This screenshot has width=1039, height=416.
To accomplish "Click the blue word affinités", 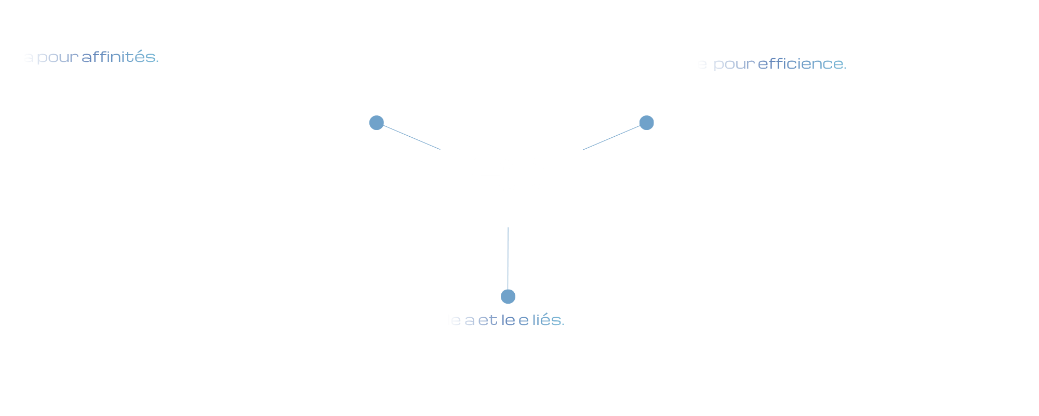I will (x=120, y=57).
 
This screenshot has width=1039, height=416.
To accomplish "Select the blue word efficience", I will (x=802, y=64).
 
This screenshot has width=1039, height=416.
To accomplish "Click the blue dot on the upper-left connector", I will (x=377, y=123).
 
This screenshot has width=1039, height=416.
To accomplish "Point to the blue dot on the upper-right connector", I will (x=646, y=123).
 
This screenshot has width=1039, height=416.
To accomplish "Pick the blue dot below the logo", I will (x=508, y=296).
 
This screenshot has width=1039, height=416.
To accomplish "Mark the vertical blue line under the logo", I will (x=508, y=257).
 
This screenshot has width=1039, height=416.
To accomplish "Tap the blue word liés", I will (x=548, y=320).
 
